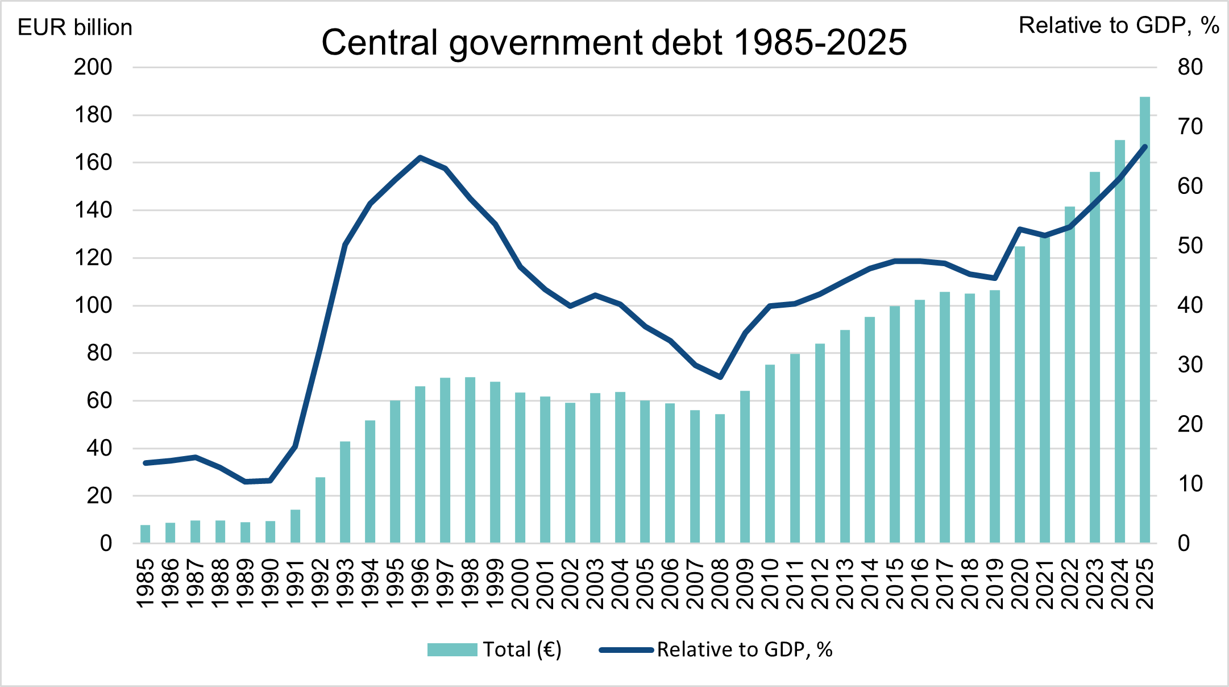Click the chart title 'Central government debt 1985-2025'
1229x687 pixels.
pos(614,43)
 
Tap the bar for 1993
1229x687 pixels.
pos(345,492)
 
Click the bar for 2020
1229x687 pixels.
pos(1020,395)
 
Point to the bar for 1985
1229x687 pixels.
pos(146,534)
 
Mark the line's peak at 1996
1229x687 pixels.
pos(420,158)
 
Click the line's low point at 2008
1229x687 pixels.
pos(720,377)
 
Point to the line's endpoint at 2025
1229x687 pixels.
pos(1145,147)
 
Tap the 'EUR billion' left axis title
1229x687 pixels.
pos(75,27)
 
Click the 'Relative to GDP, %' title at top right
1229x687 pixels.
pos(1119,26)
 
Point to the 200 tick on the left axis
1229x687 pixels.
pos(93,68)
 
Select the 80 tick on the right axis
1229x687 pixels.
pos(1190,68)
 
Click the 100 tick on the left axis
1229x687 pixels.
pos(93,305)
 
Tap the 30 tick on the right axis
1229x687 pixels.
pos(1190,365)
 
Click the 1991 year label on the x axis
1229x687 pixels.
pos(296,583)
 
